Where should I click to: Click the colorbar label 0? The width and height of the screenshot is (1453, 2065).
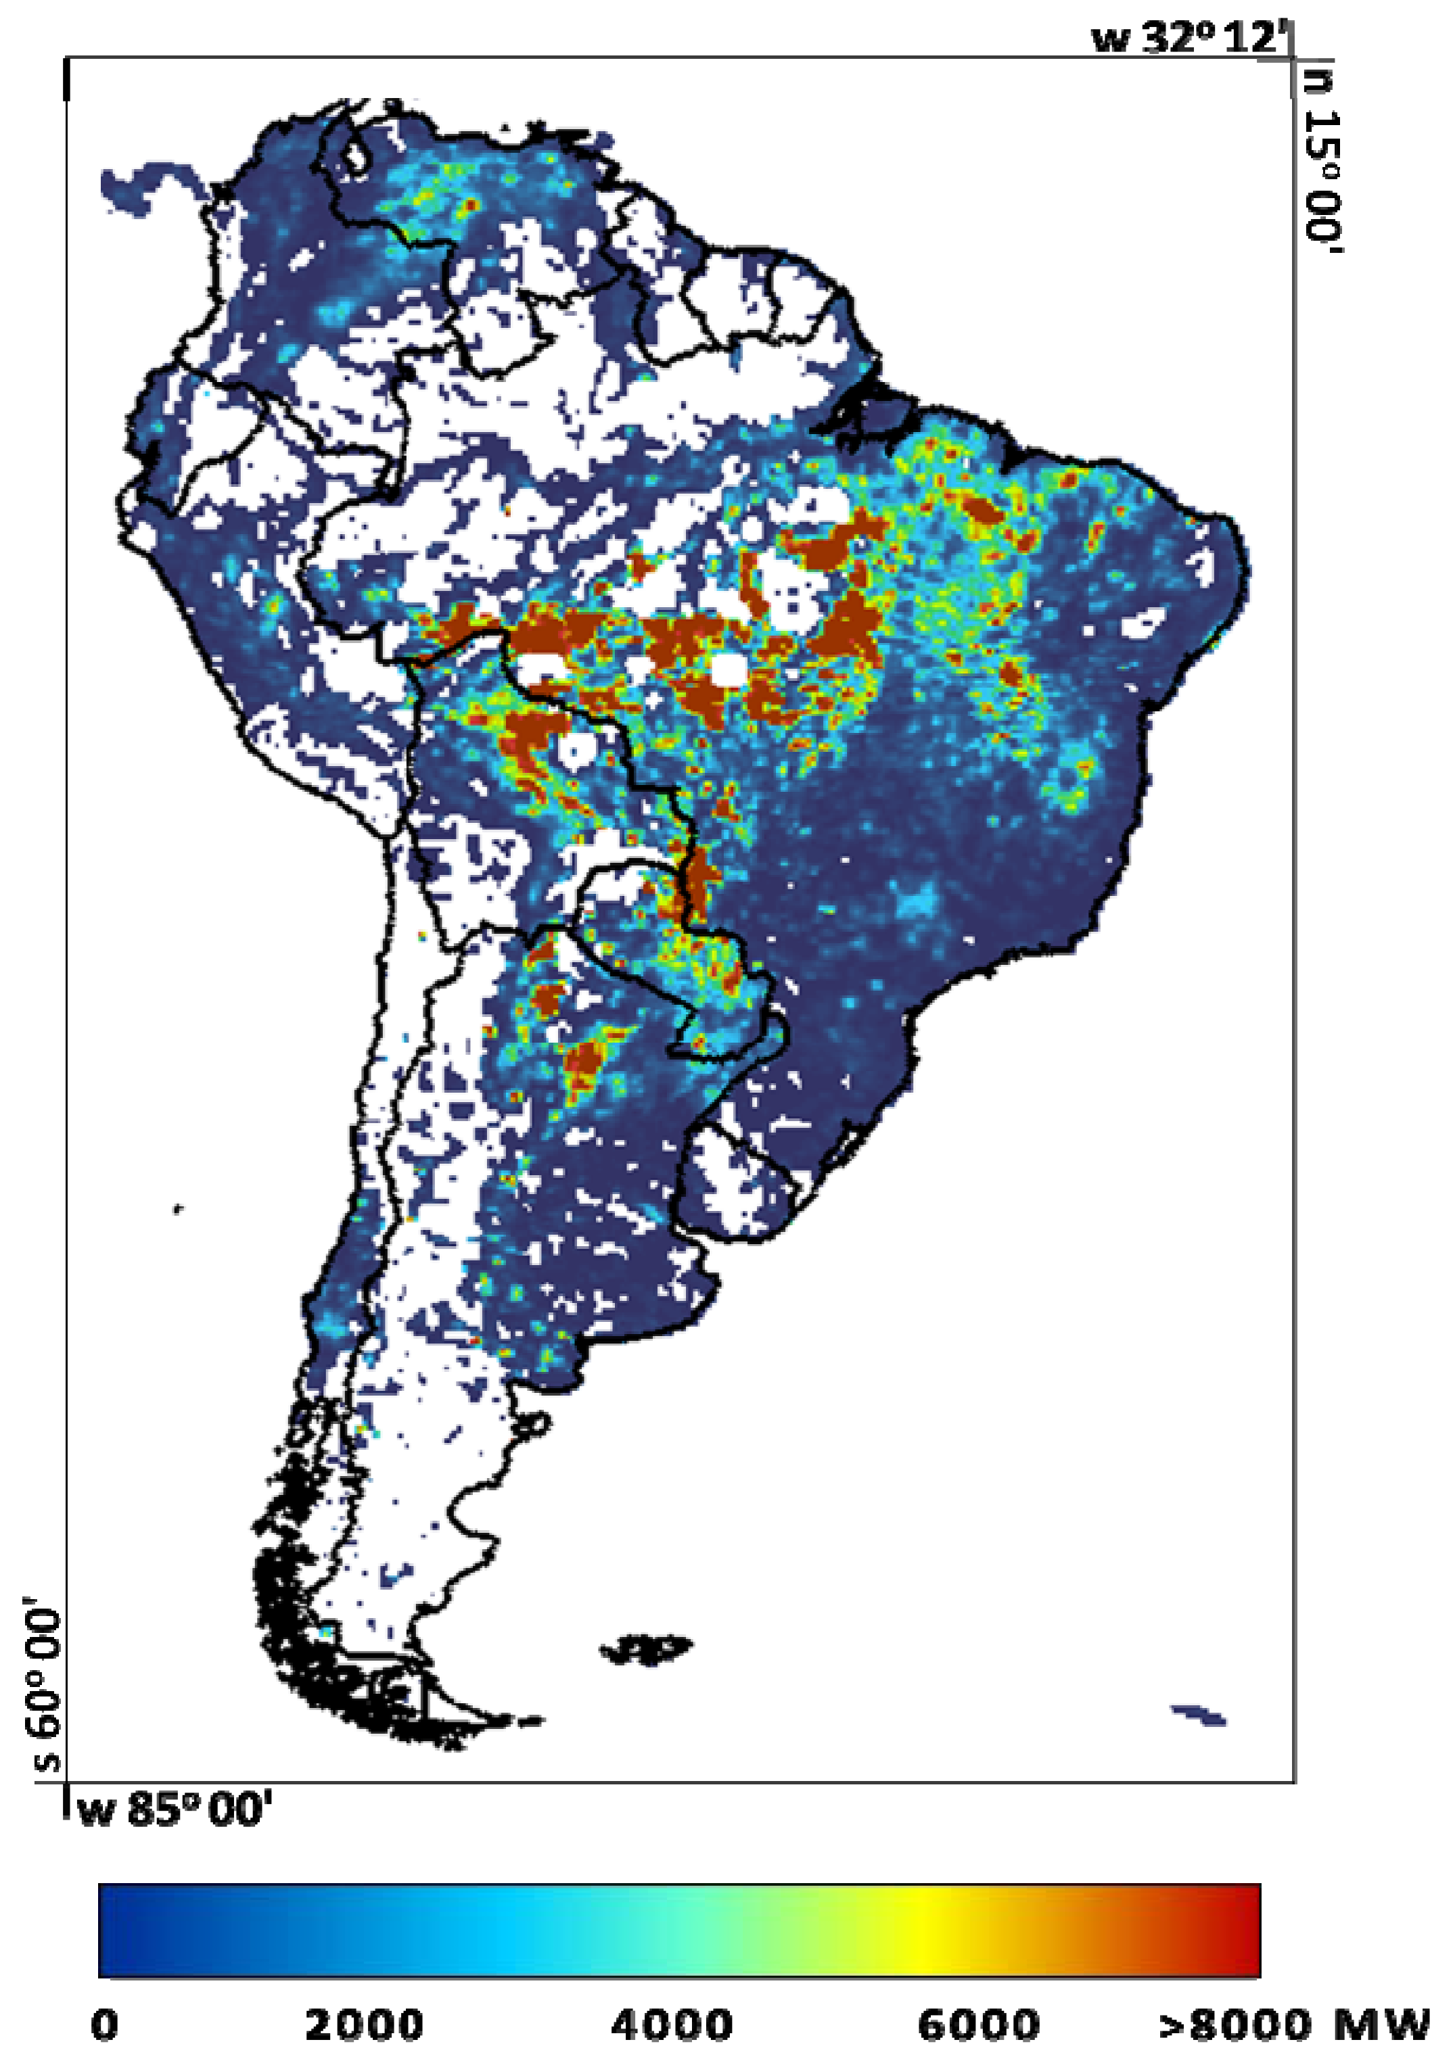104,2024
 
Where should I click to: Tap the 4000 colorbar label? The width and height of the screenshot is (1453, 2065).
671,2024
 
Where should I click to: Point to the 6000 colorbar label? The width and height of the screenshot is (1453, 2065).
978,2024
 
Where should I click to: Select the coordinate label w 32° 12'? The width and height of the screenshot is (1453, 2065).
1189,38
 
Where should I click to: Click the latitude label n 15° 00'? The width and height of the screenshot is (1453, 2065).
1320,162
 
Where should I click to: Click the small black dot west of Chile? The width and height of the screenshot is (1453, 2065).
179,1209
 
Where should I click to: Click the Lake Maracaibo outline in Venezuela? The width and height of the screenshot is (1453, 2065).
358,155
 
